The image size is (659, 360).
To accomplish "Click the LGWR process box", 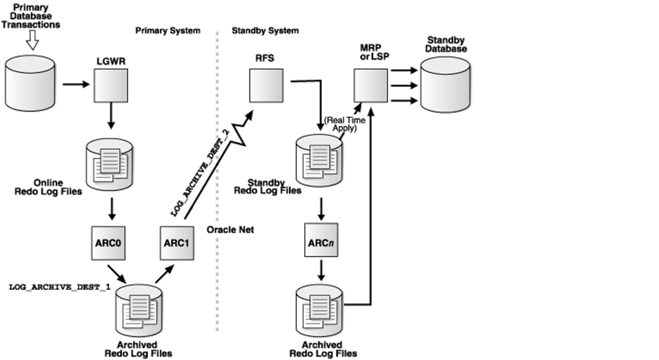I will [x=110, y=85].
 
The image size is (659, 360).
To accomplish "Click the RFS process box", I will [x=266, y=85].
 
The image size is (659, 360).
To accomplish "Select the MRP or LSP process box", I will [x=370, y=85].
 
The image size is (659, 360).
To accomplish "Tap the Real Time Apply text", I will [x=341, y=124].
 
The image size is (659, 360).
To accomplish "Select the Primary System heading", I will [x=168, y=30].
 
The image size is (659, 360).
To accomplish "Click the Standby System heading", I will [x=265, y=30].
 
